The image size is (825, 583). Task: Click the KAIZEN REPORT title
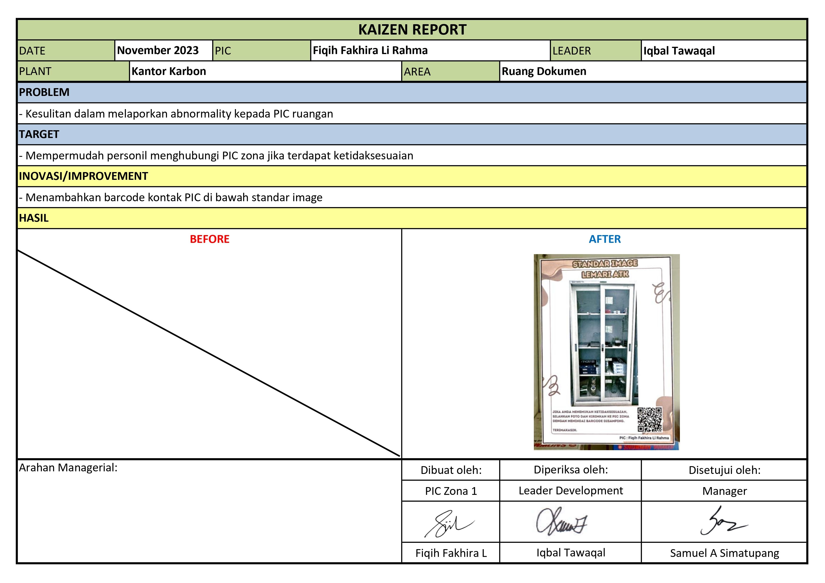point(412,29)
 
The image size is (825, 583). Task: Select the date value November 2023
point(158,50)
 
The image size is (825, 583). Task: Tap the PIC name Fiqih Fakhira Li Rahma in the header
point(370,50)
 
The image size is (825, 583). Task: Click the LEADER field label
point(571,51)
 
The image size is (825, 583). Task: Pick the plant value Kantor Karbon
point(169,71)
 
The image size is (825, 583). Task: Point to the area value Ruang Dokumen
point(544,71)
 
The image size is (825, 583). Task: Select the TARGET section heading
point(39,134)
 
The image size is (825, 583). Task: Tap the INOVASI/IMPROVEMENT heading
point(83,176)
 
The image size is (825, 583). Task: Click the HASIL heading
point(34,218)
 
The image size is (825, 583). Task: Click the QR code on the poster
point(649,419)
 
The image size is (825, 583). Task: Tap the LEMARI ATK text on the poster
point(605,274)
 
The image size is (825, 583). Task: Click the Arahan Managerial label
point(68,468)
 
